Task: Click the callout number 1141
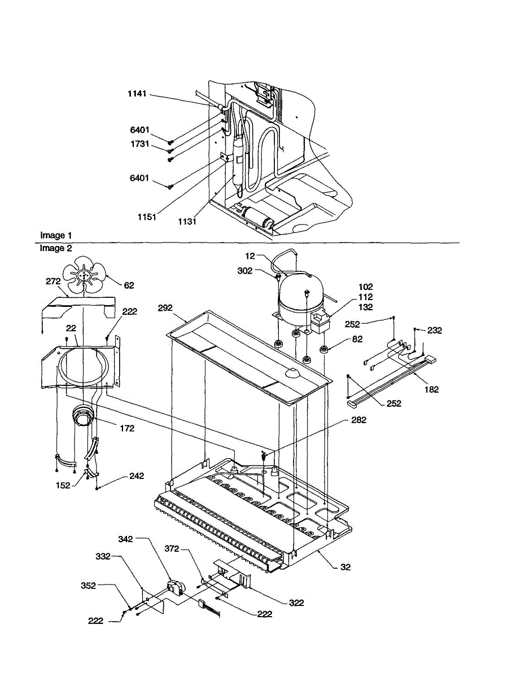(137, 94)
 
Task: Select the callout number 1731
(138, 144)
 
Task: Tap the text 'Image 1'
(56, 235)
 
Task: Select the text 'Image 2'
(56, 248)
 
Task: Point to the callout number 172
(127, 428)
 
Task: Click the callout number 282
(358, 420)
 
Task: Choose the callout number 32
(345, 567)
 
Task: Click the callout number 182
(431, 389)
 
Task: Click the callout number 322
(296, 603)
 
